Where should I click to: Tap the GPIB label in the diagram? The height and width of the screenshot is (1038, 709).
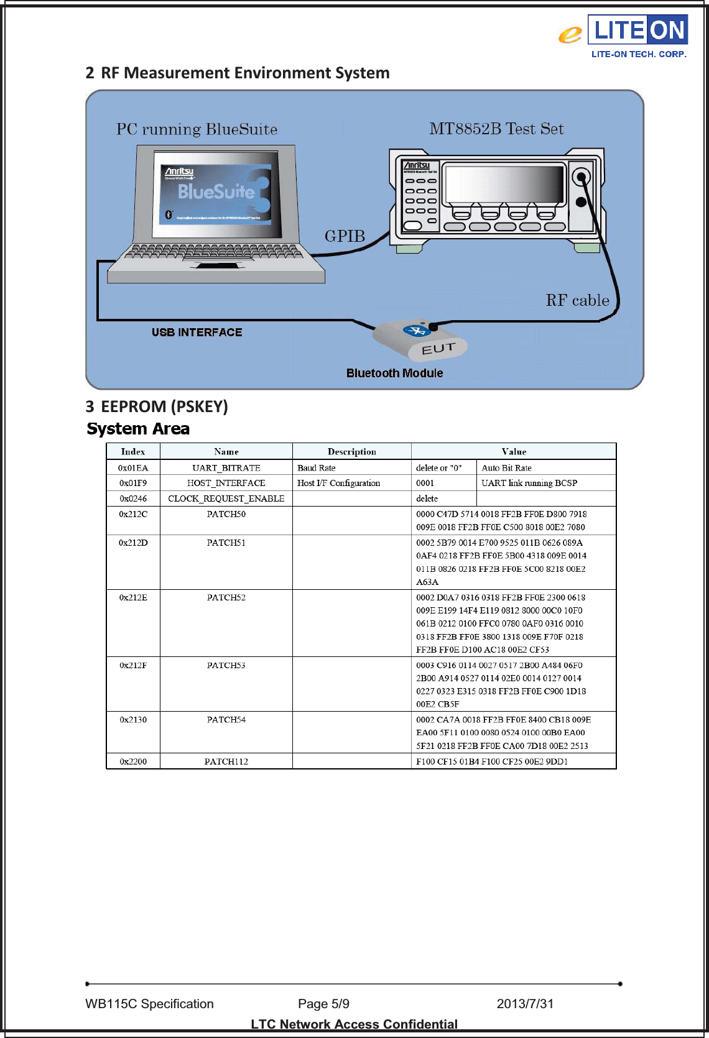click(x=345, y=237)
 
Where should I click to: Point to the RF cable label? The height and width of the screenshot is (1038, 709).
click(x=577, y=301)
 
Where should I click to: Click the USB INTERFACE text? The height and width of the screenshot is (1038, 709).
click(x=197, y=333)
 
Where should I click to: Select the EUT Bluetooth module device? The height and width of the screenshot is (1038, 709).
click(x=420, y=340)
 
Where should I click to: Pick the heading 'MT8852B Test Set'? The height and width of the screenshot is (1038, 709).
click(x=496, y=129)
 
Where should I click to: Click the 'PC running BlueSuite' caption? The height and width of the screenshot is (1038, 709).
click(x=197, y=130)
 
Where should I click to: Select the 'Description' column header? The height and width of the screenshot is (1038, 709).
click(x=351, y=452)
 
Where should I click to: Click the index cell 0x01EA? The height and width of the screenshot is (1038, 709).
click(x=133, y=468)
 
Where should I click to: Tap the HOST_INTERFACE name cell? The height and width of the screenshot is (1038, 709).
click(x=226, y=483)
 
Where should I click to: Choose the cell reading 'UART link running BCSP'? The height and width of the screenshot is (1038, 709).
click(x=529, y=483)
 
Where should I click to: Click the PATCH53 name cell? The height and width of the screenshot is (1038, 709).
click(x=226, y=666)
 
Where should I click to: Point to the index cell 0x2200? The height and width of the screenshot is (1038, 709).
click(x=133, y=761)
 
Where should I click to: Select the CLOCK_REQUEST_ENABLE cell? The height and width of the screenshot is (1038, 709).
click(x=226, y=498)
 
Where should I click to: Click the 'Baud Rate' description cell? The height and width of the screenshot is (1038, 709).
click(x=317, y=468)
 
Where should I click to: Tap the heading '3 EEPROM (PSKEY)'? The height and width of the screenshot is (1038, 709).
click(x=157, y=406)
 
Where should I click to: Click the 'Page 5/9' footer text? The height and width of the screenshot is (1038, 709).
click(x=323, y=1004)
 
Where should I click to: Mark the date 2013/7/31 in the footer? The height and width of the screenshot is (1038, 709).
click(x=525, y=1004)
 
